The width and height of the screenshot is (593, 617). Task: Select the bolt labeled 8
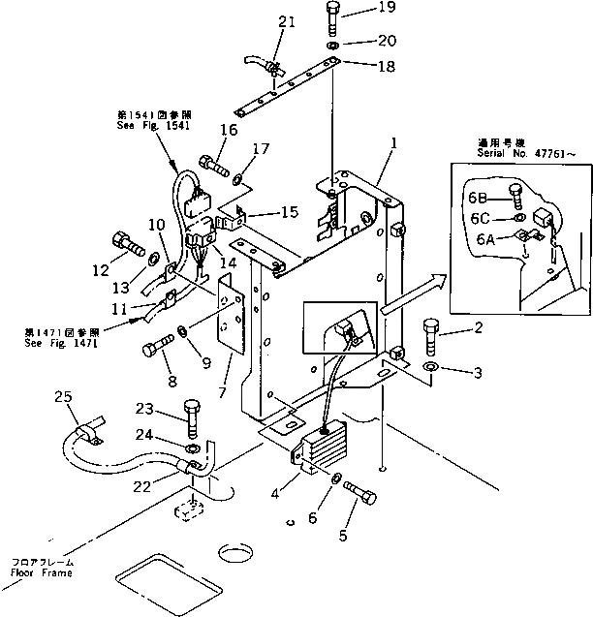[x=158, y=347]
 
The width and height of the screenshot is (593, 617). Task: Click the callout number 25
[x=63, y=397]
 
